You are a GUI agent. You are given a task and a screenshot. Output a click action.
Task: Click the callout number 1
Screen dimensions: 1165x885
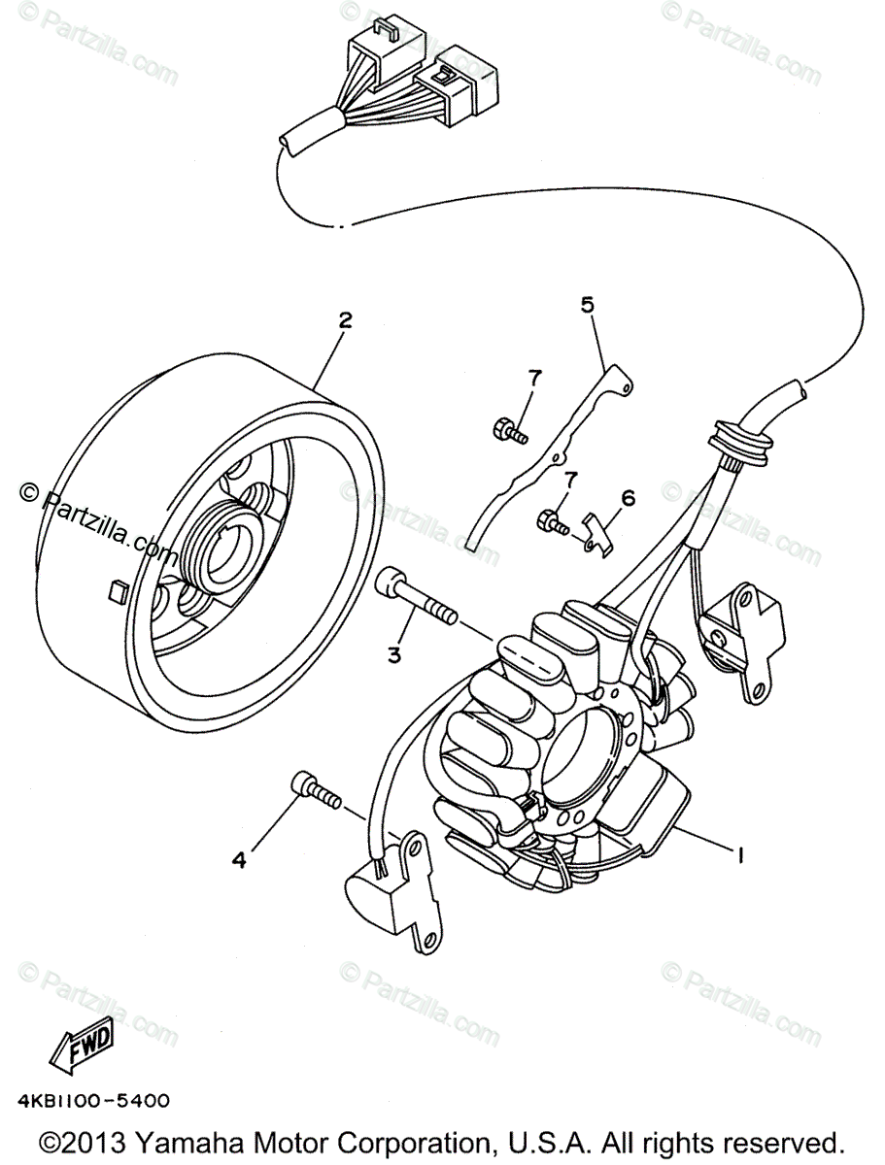(x=741, y=855)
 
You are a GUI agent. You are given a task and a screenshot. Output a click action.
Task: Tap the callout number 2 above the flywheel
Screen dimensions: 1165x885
(x=344, y=320)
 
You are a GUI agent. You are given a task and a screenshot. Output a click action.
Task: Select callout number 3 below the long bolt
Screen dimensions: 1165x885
(x=394, y=655)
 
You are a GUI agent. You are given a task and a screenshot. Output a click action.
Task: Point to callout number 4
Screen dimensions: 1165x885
(x=238, y=857)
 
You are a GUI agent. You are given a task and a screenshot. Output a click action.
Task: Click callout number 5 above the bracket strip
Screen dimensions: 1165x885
(x=587, y=306)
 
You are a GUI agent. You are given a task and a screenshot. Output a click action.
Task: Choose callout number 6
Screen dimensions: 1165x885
(x=628, y=498)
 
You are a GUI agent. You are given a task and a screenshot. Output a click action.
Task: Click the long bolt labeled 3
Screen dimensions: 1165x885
(x=416, y=597)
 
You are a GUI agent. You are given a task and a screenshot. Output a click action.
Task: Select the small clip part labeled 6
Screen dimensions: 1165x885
(x=600, y=535)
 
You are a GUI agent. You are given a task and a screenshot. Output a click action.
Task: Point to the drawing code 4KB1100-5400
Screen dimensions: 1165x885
(x=93, y=1101)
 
